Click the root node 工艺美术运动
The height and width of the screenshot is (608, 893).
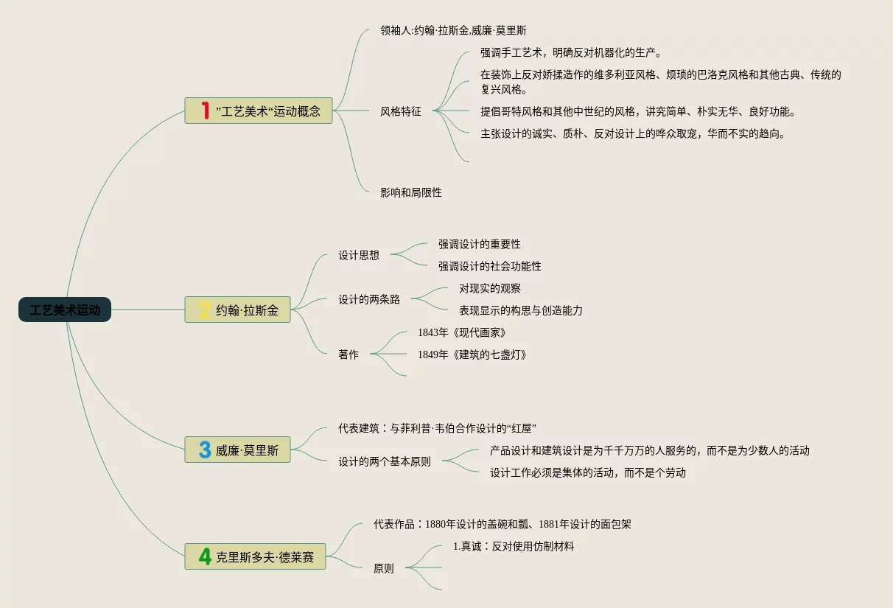click(x=65, y=310)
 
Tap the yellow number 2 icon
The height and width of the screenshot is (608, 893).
click(x=205, y=310)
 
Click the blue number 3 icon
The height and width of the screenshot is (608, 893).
click(x=205, y=450)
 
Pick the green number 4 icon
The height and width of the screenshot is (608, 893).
click(x=205, y=556)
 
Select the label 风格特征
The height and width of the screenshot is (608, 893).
click(x=401, y=112)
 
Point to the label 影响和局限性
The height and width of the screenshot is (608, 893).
click(x=411, y=192)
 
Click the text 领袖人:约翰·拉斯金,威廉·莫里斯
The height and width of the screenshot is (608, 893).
click(x=453, y=31)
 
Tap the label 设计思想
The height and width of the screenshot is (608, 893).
click(x=359, y=256)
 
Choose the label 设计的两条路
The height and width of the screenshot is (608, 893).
click(x=369, y=300)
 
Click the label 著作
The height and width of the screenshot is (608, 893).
click(x=349, y=354)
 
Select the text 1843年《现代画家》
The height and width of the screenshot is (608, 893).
click(x=462, y=333)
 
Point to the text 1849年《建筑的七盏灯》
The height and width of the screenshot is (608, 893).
click(x=472, y=354)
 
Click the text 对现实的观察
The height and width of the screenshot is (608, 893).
click(x=490, y=289)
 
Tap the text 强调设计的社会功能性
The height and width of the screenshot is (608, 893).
click(x=490, y=266)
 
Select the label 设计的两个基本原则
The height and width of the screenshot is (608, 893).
click(x=385, y=462)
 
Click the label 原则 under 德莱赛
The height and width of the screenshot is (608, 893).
click(x=384, y=568)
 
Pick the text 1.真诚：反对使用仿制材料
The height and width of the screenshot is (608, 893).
click(x=514, y=547)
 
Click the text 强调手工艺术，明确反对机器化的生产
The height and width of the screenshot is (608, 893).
click(x=571, y=52)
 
